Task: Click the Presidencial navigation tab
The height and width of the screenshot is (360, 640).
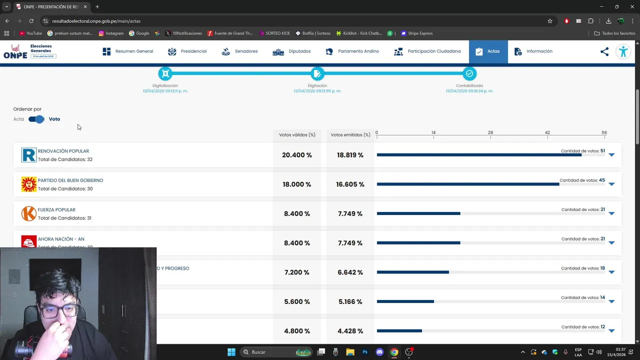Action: pyautogui.click(x=187, y=51)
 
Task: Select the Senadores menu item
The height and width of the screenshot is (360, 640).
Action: pyautogui.click(x=239, y=51)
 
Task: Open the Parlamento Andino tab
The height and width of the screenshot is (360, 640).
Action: pyautogui.click(x=352, y=51)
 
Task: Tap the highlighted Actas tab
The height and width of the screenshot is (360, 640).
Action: pyautogui.click(x=488, y=51)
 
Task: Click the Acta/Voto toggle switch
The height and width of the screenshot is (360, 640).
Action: pyautogui.click(x=36, y=119)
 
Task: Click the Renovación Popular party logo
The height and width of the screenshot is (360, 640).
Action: pyautogui.click(x=29, y=155)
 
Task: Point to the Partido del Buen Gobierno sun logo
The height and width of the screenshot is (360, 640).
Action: pyautogui.click(x=29, y=184)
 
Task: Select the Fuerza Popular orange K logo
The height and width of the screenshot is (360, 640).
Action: pyautogui.click(x=29, y=213)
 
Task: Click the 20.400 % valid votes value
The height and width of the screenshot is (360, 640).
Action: pyautogui.click(x=297, y=155)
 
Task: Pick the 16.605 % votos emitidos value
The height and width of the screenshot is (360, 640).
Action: pyautogui.click(x=350, y=184)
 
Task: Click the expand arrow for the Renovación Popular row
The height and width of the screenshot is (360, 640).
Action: pyautogui.click(x=611, y=155)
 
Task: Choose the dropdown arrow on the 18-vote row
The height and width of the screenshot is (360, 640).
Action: pyautogui.click(x=611, y=272)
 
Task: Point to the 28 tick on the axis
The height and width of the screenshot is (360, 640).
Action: pyautogui.click(x=490, y=133)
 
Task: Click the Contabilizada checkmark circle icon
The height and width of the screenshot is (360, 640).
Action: pyautogui.click(x=469, y=74)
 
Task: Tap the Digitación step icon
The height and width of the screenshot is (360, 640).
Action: pyautogui.click(x=317, y=74)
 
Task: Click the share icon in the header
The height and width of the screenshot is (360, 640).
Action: pyautogui.click(x=604, y=51)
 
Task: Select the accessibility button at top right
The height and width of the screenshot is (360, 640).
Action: pyautogui.click(x=623, y=51)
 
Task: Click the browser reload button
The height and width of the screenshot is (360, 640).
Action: pyautogui.click(x=31, y=21)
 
